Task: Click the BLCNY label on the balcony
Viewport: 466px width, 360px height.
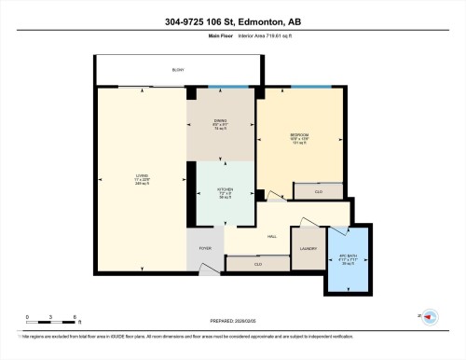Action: coord(177,70)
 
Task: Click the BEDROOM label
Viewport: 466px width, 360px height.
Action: coord(298,136)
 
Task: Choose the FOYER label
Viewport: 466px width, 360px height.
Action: coord(204,249)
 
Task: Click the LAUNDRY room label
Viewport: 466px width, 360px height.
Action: coord(308,249)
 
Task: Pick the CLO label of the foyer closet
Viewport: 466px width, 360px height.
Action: coord(256,264)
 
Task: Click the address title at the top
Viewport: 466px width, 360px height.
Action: coord(232,21)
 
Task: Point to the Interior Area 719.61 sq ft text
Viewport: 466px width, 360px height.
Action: coord(271,37)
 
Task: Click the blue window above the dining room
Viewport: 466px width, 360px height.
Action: coord(222,88)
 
